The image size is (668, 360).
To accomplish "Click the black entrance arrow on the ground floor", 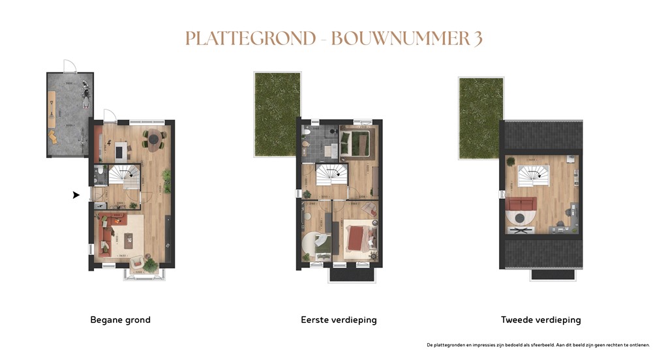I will (x=76, y=194).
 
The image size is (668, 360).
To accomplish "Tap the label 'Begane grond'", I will (x=120, y=320).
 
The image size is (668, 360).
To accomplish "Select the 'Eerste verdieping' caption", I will (x=339, y=320).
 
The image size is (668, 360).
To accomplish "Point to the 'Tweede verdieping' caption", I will (x=541, y=320).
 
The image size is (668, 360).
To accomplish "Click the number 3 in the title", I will (x=478, y=38).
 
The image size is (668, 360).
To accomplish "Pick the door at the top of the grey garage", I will (x=70, y=66).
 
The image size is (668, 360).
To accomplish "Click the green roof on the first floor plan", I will (x=277, y=114).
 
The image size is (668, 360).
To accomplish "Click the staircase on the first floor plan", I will (x=332, y=174).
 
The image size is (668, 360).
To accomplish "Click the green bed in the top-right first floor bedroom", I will (x=356, y=143).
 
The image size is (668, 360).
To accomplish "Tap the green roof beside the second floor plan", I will (x=481, y=117).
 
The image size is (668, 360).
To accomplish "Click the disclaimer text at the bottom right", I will (x=538, y=344).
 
